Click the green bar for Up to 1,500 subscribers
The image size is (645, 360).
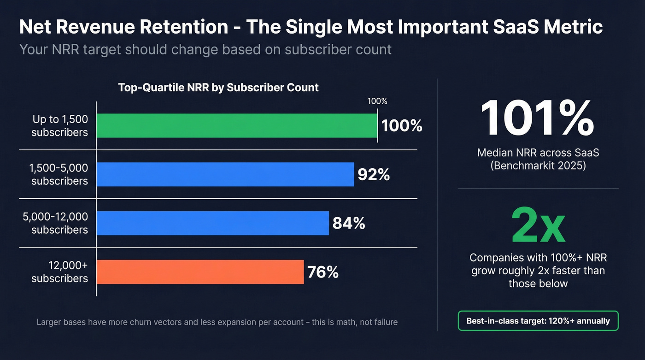tap(237, 125)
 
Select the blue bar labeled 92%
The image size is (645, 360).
tap(225, 174)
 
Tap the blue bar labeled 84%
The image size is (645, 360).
tap(212, 223)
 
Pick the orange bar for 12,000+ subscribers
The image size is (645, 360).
tap(200, 272)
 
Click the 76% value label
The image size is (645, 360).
tap(323, 272)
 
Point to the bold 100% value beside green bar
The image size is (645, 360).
tap(402, 125)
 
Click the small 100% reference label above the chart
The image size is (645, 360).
tap(377, 101)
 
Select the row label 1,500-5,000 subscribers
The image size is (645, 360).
tap(59, 174)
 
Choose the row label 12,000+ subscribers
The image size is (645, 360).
tap(59, 272)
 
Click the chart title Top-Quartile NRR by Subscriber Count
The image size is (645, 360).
tap(218, 87)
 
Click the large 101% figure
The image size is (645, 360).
tap(537, 118)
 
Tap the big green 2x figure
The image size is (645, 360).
tap(538, 226)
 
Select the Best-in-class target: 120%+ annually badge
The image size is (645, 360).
tap(538, 321)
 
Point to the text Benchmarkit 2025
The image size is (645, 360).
tap(538, 165)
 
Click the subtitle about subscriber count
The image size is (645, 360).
tap(205, 49)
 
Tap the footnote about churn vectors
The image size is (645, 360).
tap(217, 322)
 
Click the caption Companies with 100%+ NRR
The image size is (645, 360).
tap(538, 258)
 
